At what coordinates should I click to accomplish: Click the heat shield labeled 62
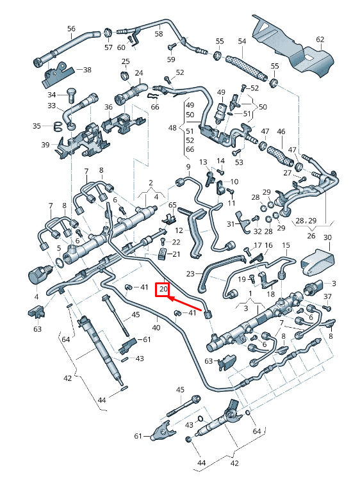291,45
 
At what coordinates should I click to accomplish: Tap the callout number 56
71,29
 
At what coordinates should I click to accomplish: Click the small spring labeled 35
57,126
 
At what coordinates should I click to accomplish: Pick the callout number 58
159,33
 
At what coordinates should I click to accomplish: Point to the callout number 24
139,73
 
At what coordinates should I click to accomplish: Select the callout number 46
281,131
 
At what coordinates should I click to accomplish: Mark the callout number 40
156,328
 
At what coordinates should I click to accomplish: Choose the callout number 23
190,274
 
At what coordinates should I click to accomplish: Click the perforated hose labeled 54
246,67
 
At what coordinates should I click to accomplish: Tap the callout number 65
172,204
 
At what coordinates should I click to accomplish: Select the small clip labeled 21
163,254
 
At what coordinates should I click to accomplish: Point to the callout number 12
179,230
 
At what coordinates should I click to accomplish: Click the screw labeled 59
172,47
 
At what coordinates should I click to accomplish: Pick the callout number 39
45,145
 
